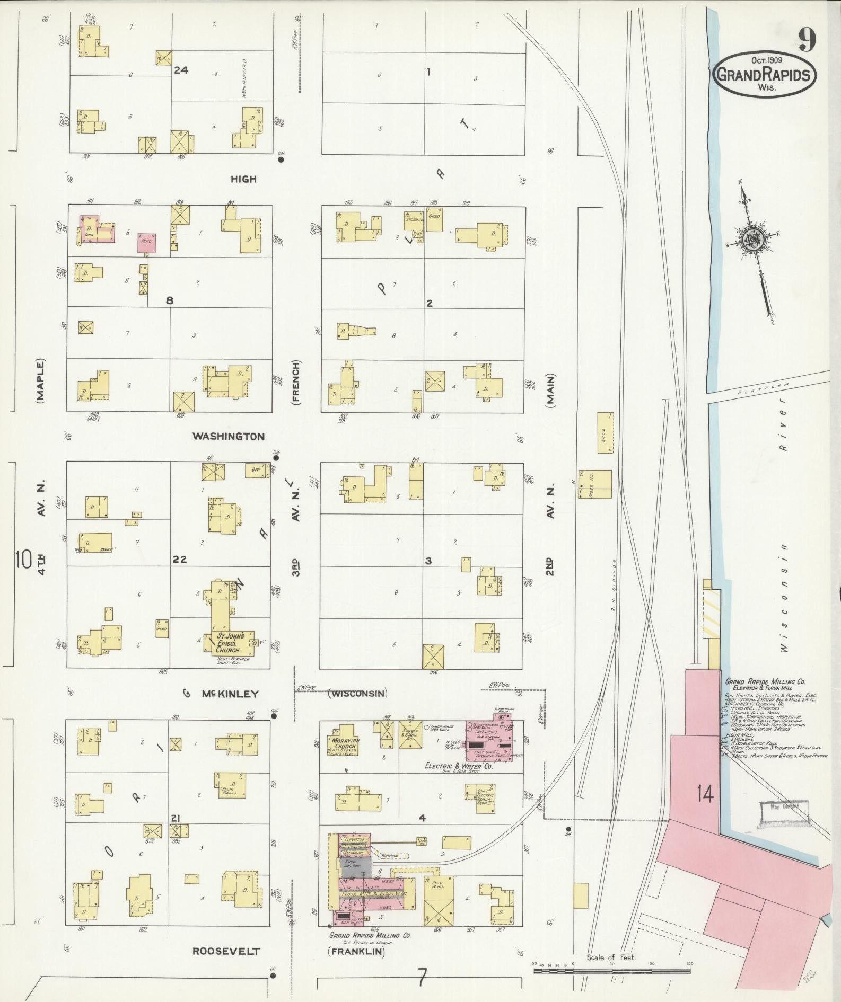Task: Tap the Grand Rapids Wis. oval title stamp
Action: [763, 74]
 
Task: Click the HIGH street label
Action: [243, 179]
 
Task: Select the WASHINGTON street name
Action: [228, 437]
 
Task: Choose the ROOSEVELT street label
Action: [226, 951]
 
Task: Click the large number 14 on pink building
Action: [706, 794]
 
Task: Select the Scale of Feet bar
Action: [612, 972]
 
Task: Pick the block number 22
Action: [179, 559]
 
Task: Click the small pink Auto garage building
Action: [147, 241]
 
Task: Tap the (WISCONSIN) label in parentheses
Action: [357, 693]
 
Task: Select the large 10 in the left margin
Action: [24, 560]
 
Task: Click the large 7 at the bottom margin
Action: [422, 978]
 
